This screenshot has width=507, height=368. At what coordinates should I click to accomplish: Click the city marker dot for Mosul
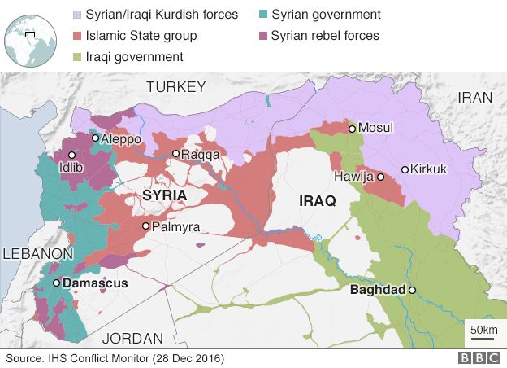(x=352, y=129)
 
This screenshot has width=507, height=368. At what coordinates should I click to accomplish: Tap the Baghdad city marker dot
(x=413, y=290)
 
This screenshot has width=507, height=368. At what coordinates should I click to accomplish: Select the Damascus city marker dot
(x=55, y=283)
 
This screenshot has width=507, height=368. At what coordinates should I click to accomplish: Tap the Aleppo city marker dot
(x=95, y=138)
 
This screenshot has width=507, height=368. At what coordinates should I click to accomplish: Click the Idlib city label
(x=71, y=169)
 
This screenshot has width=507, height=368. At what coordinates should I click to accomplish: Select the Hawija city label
(x=353, y=177)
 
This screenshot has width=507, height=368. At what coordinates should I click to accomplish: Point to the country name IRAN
(x=475, y=97)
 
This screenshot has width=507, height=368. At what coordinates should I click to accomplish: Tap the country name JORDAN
(x=134, y=338)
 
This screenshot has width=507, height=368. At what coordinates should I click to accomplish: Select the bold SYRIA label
(x=164, y=195)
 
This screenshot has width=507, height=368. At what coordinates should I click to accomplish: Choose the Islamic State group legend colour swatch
(x=77, y=36)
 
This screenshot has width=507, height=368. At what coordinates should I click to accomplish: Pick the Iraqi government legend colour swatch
(x=77, y=57)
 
